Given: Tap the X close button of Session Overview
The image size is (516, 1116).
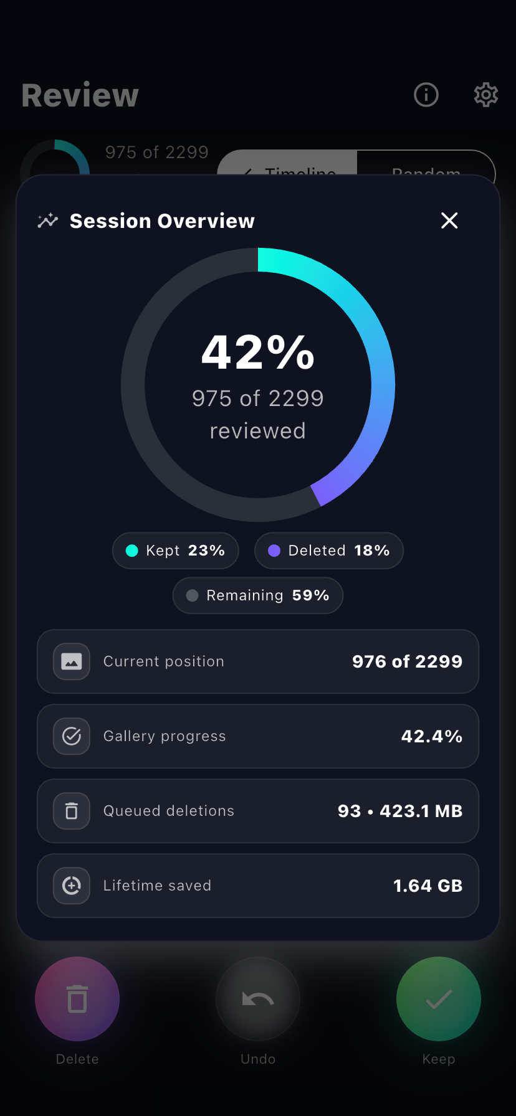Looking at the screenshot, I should click(x=449, y=220).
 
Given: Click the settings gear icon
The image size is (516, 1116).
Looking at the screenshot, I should click(x=485, y=95).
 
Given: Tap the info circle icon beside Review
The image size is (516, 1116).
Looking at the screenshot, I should click(x=426, y=95).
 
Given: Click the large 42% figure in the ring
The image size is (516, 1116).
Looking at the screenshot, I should click(x=258, y=352).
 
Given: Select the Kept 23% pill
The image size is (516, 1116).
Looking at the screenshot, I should click(x=175, y=551).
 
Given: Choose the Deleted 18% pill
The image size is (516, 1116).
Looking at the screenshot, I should click(x=328, y=551).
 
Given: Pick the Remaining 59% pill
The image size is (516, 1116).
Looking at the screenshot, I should click(x=257, y=595).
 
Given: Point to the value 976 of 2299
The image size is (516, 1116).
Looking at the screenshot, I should click(x=407, y=661).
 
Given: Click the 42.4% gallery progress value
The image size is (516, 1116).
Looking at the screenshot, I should click(x=431, y=736).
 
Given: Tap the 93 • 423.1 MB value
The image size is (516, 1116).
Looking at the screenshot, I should click(x=399, y=811).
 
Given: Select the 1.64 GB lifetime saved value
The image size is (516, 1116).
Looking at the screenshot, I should click(x=428, y=886).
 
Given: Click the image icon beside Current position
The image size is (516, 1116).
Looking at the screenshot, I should click(x=72, y=661).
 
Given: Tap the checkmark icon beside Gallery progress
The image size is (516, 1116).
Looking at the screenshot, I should click(x=72, y=736).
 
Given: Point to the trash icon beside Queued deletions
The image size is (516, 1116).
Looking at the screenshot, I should click(x=72, y=811).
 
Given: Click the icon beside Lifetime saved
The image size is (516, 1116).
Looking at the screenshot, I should click(x=72, y=886).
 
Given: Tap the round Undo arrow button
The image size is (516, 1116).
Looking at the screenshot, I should click(x=258, y=999).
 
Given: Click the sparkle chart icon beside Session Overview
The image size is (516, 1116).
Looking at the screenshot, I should click(x=47, y=220).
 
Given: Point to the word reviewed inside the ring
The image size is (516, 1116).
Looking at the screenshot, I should click(x=258, y=431).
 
